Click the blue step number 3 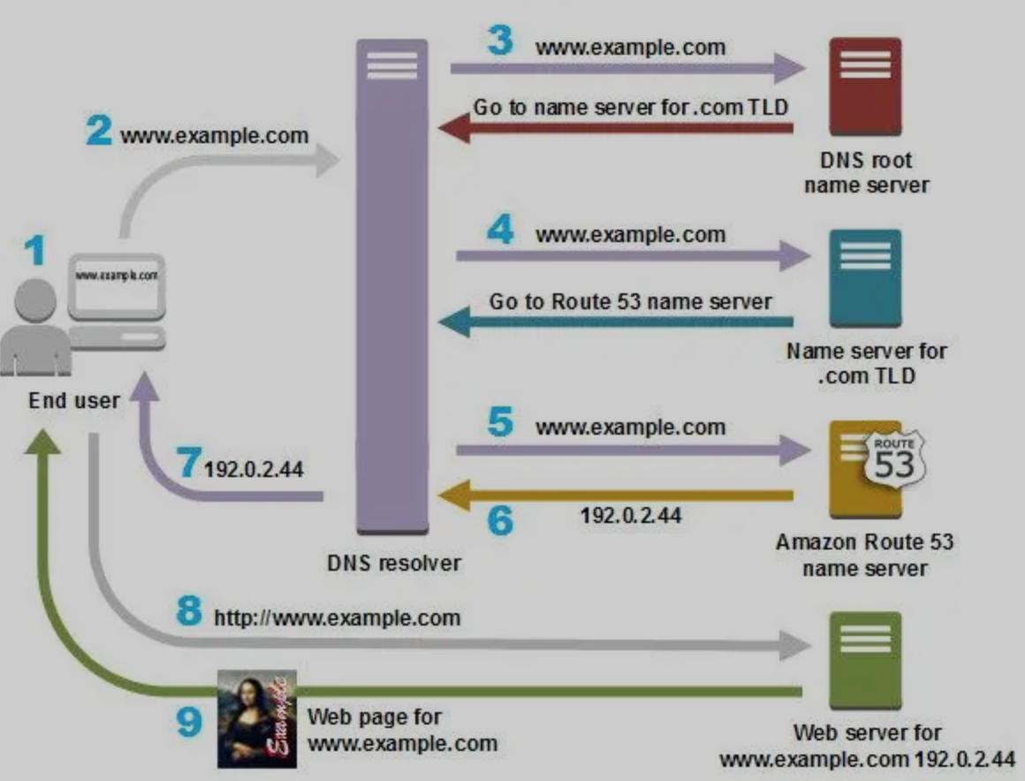(x=500, y=41)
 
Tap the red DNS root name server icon (x=865, y=87)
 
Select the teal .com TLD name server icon (x=865, y=277)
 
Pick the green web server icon (x=865, y=660)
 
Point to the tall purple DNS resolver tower (x=392, y=286)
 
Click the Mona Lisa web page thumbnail (x=256, y=719)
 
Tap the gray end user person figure (x=35, y=328)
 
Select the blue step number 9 (x=189, y=722)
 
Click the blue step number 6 (x=501, y=521)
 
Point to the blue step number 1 (x=35, y=250)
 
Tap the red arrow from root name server (x=615, y=128)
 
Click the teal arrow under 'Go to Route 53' (x=615, y=322)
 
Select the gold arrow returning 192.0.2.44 (x=615, y=495)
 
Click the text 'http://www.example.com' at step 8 (x=338, y=618)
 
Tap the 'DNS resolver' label (x=393, y=563)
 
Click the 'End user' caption (x=74, y=400)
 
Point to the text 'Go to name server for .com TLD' (x=631, y=107)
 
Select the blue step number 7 (x=189, y=461)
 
